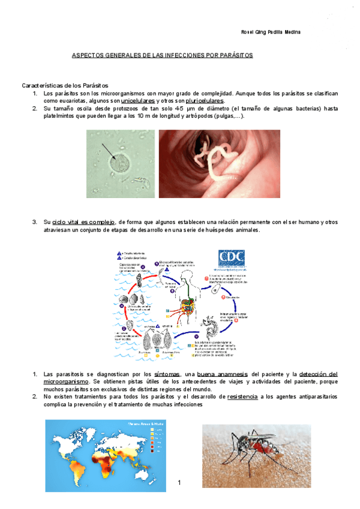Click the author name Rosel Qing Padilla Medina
[270, 32]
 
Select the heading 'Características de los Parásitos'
[65, 86]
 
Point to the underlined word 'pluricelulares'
[205, 101]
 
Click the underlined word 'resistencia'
[243, 397]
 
